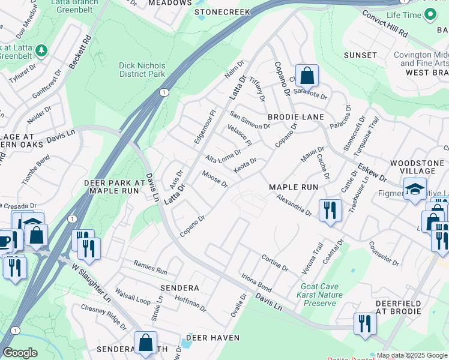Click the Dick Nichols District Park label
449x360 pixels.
click(x=142, y=69)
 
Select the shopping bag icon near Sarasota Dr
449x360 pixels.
click(x=307, y=76)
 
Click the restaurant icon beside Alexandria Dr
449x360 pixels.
click(x=330, y=210)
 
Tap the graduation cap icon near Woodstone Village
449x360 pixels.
click(x=415, y=189)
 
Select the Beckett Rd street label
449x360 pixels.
click(x=79, y=52)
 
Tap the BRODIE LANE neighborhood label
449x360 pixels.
click(x=295, y=117)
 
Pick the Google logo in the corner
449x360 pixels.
click(x=20, y=353)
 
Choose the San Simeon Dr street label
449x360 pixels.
click(x=250, y=121)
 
